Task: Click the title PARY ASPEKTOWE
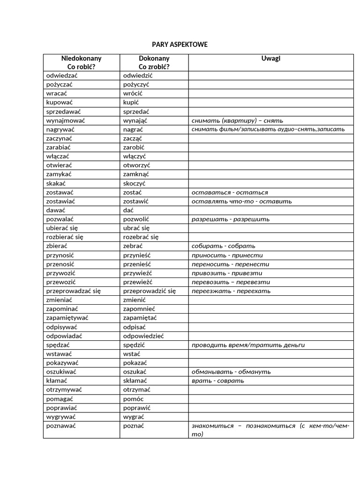coord(180,45)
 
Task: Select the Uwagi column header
coord(270,59)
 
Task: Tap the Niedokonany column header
coord(81,62)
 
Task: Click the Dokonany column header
coord(154,62)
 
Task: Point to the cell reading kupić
coord(131,102)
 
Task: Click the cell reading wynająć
coord(135,120)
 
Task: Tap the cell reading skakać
coord(56,183)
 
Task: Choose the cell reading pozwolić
coord(136,219)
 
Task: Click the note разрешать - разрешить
coord(231,219)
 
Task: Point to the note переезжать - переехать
coord(231,291)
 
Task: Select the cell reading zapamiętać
coord(140,318)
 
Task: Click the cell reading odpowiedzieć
coord(143,336)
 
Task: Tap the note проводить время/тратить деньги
coord(248,345)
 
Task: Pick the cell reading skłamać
coord(135,381)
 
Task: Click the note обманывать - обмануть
coord(231,372)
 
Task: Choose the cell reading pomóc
coord(133,398)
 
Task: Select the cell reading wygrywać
coord(61,416)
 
